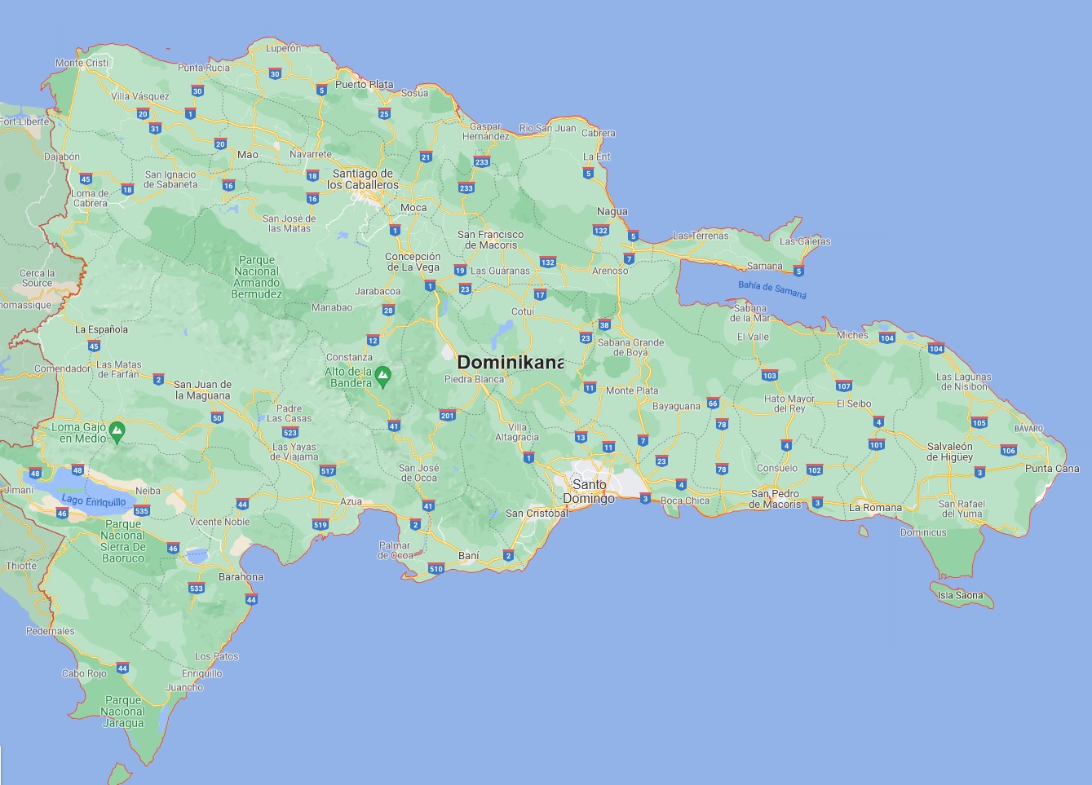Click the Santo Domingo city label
(x=589, y=492)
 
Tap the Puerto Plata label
(x=364, y=84)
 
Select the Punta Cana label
(x=1052, y=469)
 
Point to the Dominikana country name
(x=511, y=363)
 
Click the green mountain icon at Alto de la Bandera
(x=382, y=376)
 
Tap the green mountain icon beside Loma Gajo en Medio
(x=117, y=430)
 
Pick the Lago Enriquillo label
(x=94, y=501)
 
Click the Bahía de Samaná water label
(x=771, y=289)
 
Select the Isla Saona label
(x=960, y=595)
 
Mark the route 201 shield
(x=447, y=416)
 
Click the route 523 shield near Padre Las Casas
(x=290, y=433)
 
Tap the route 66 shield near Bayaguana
(x=713, y=404)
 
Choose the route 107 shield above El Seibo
(x=843, y=386)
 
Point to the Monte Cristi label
(x=82, y=63)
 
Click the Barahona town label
(x=241, y=577)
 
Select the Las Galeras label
(x=805, y=241)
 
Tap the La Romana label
(x=875, y=508)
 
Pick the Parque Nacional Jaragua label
(x=123, y=712)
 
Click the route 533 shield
(x=196, y=589)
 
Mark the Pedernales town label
(x=51, y=631)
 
